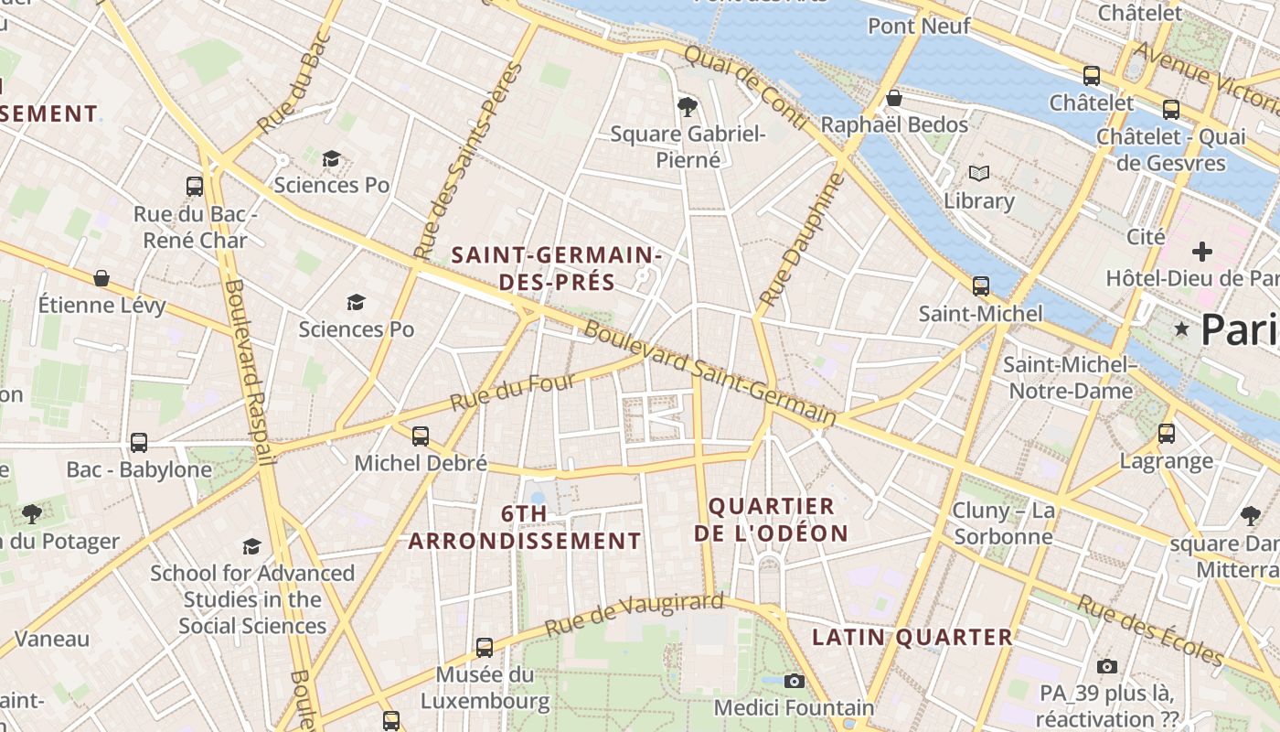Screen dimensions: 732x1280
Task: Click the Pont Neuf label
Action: pyautogui.click(x=919, y=26)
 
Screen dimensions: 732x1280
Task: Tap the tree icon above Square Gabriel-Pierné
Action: pyautogui.click(x=688, y=107)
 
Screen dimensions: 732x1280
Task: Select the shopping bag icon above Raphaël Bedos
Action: pyautogui.click(x=894, y=97)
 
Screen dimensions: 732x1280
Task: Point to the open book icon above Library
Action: pyautogui.click(x=979, y=173)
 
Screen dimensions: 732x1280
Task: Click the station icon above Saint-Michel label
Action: pyautogui.click(x=980, y=286)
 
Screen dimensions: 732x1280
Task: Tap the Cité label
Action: pyautogui.click(x=1146, y=237)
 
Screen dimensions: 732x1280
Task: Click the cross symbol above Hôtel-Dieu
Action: pyautogui.click(x=1202, y=251)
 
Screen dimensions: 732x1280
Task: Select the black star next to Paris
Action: pyautogui.click(x=1182, y=328)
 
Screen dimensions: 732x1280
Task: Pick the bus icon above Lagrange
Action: pyautogui.click(x=1167, y=433)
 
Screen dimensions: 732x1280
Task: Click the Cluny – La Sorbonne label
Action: pyautogui.click(x=1003, y=523)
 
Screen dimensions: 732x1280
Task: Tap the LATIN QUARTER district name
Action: pyautogui.click(x=912, y=638)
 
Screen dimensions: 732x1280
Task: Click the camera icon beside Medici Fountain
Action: pyautogui.click(x=794, y=681)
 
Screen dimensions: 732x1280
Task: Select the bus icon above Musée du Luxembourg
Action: pyautogui.click(x=485, y=648)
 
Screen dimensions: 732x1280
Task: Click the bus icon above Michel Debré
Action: pyautogui.click(x=421, y=436)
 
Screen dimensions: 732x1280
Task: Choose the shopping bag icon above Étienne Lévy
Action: pyautogui.click(x=101, y=278)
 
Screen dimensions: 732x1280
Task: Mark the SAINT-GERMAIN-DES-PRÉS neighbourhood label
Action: pyautogui.click(x=556, y=268)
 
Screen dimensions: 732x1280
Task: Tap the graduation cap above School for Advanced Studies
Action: pyautogui.click(x=251, y=546)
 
